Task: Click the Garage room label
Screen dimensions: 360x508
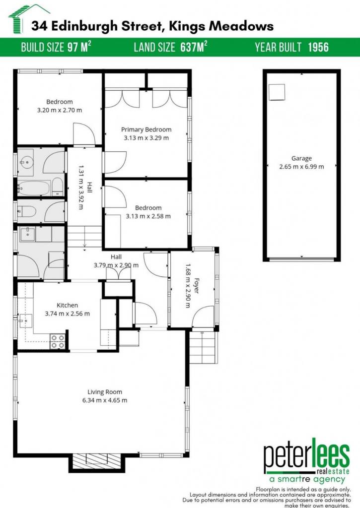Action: click(301, 158)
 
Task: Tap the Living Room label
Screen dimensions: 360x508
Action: click(105, 392)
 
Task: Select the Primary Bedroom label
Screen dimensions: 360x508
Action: click(146, 129)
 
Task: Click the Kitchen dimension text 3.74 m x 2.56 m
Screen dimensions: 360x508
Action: click(68, 314)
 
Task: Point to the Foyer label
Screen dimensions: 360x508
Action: click(197, 286)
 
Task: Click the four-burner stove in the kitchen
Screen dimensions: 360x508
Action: click(58, 342)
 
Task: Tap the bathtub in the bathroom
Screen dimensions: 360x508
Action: click(34, 188)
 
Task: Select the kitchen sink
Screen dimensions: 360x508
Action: click(26, 321)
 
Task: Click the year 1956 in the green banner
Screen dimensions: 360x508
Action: click(318, 47)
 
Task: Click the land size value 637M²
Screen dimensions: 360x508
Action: click(194, 47)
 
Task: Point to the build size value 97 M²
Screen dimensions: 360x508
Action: click(79, 47)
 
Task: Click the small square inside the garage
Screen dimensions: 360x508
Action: click(277, 92)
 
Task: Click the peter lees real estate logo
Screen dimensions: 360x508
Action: click(306, 460)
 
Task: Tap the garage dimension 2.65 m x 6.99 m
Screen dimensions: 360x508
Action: click(301, 167)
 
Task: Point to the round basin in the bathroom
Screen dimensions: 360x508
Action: click(26, 162)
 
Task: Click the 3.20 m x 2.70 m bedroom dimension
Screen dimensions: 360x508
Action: click(60, 110)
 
